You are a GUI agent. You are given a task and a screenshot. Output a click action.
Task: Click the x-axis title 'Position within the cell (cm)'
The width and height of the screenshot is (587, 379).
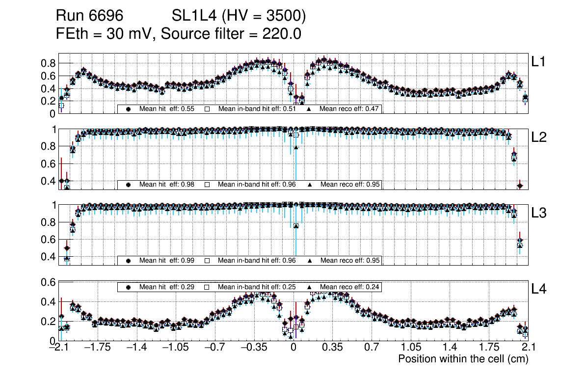[x=463, y=359]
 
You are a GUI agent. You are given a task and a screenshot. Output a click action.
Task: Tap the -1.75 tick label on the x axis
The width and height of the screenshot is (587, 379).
[x=98, y=348]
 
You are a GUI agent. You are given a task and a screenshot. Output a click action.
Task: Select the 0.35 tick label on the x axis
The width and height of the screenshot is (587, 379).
[x=332, y=348]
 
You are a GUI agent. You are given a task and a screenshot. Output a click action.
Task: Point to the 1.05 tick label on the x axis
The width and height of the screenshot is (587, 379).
[x=410, y=348]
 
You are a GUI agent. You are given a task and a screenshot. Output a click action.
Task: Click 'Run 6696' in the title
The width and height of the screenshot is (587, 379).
[x=89, y=16]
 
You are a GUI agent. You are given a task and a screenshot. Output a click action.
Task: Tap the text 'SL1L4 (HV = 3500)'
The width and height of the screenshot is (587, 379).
[x=239, y=16]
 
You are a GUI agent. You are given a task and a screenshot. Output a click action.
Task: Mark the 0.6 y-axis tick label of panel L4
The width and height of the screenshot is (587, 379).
[x=48, y=282]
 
